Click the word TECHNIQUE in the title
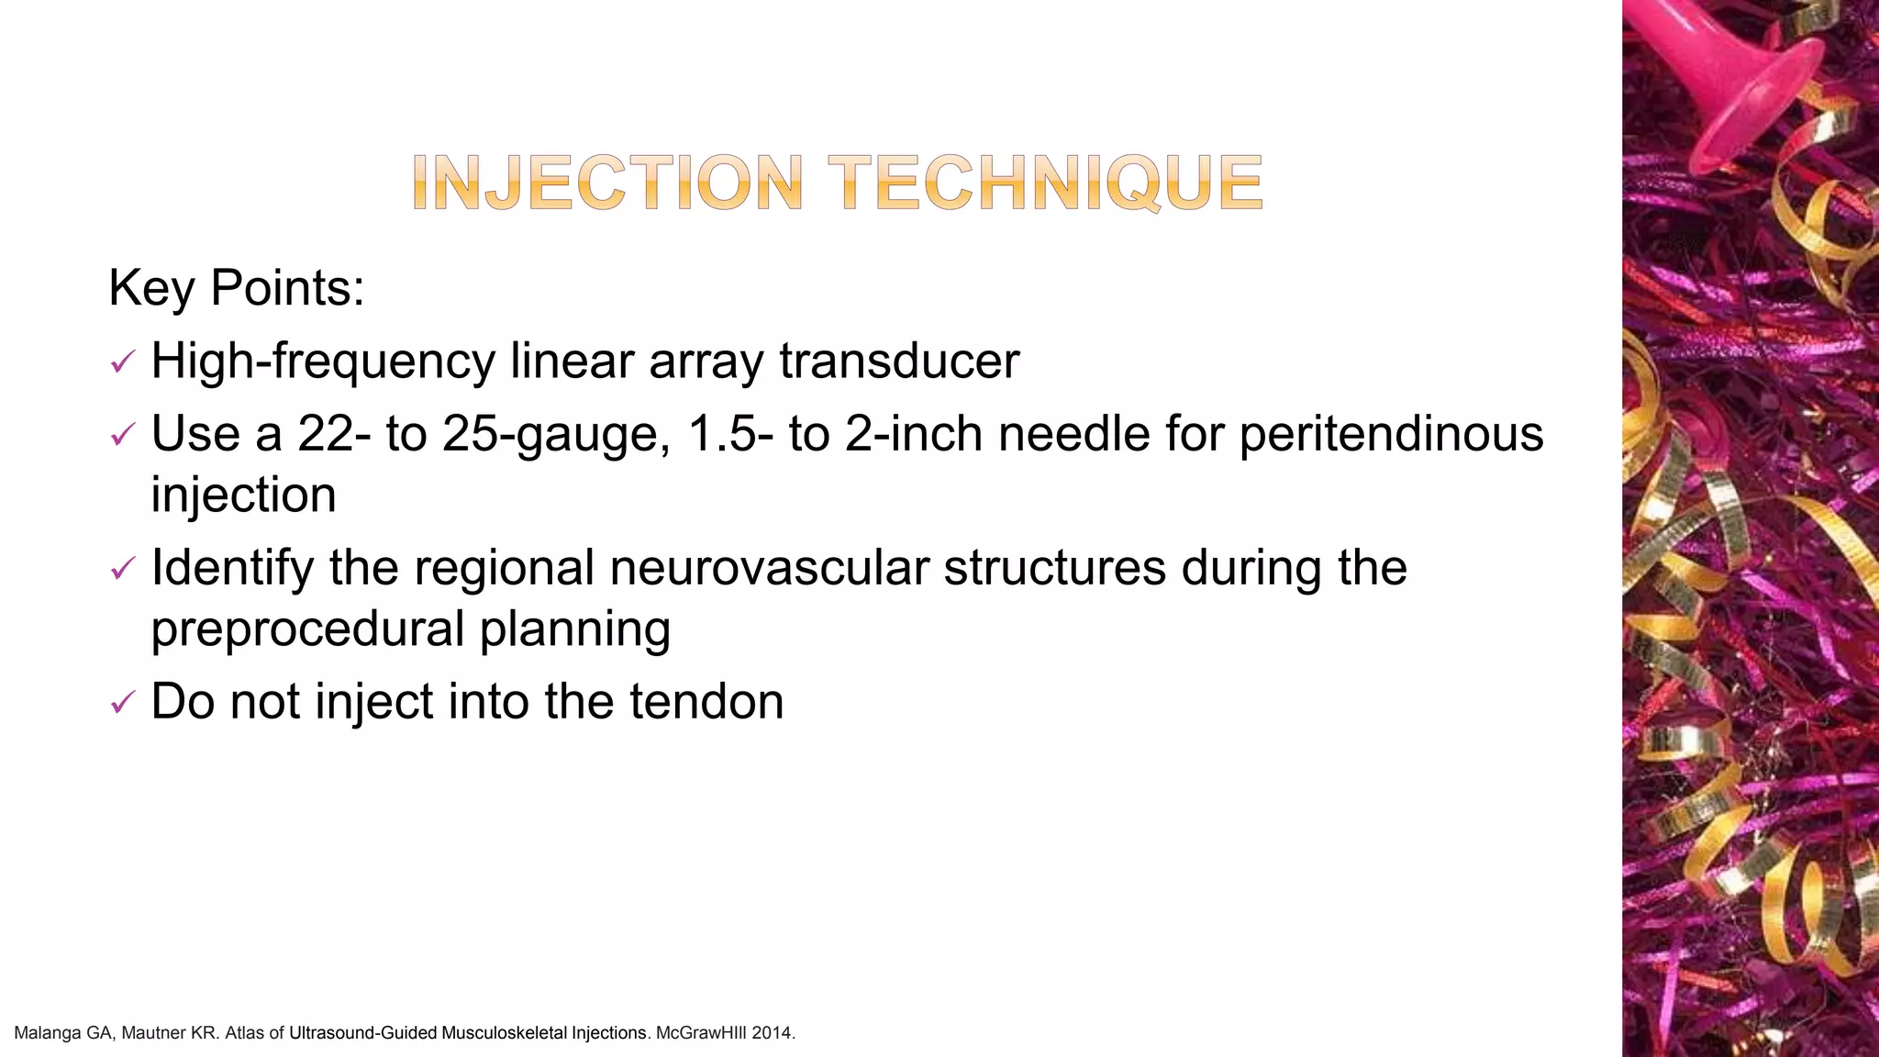pos(1045,183)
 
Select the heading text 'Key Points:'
pos(237,288)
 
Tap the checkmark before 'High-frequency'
pos(122,363)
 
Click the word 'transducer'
pos(899,361)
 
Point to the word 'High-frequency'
pos(323,361)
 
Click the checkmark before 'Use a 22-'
pos(122,435)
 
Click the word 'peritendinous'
pos(1392,434)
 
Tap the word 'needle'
pos(1073,434)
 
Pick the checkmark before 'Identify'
pos(122,569)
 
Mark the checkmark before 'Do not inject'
pos(122,704)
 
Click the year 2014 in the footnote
pos(772,1033)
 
